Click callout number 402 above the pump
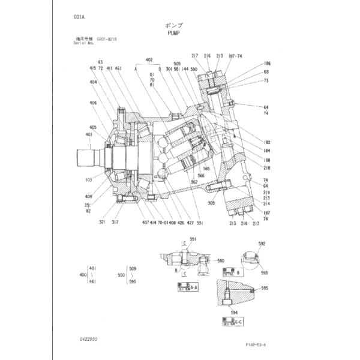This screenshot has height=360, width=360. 149,61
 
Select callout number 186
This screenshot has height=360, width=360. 266,63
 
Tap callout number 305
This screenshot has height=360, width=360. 211,203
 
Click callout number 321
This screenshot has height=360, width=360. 103,222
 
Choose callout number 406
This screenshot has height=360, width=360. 93,102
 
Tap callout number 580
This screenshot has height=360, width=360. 221,261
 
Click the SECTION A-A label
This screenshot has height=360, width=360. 187,289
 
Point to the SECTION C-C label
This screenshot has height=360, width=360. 231,323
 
